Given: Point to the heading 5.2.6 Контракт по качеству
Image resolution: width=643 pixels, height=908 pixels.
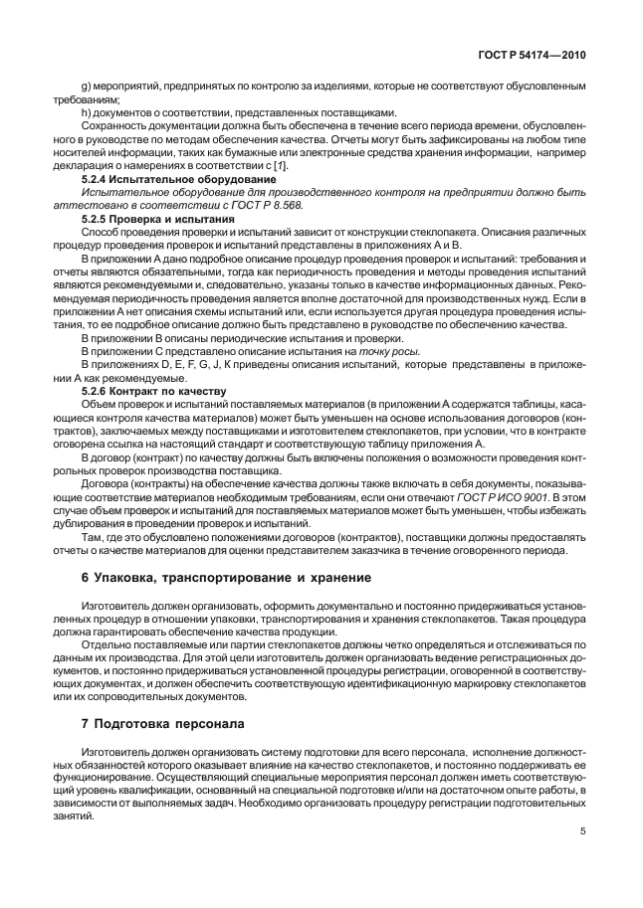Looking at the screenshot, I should (149, 390).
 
